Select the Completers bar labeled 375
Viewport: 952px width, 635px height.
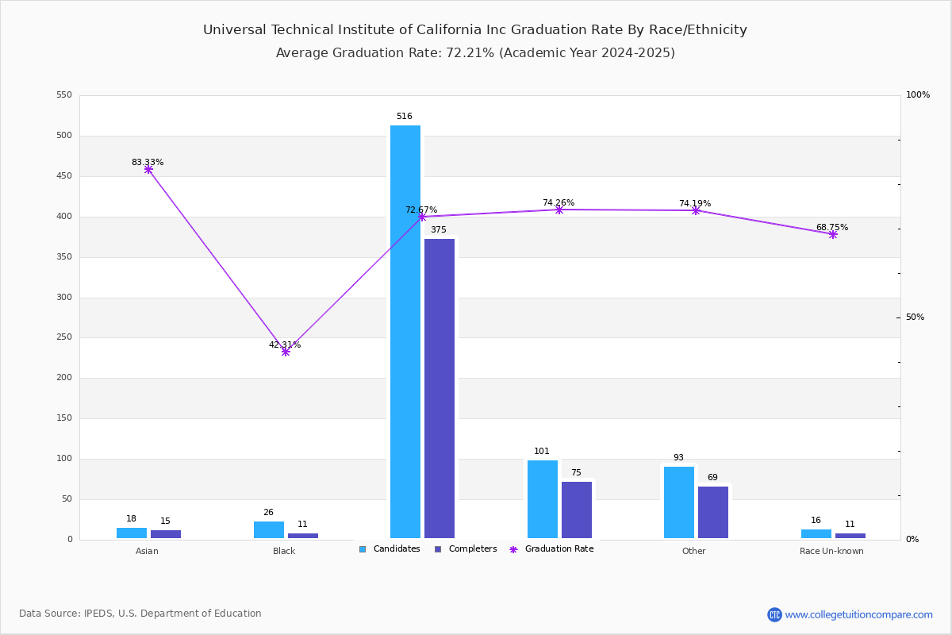click(x=440, y=388)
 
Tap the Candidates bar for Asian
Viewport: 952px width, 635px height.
click(x=132, y=533)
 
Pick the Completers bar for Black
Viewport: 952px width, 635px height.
click(x=303, y=536)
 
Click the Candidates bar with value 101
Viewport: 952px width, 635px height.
click(x=543, y=499)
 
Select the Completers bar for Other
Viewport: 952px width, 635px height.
click(x=713, y=513)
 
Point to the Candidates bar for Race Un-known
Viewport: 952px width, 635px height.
click(x=816, y=534)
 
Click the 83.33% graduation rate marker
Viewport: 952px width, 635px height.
click(x=148, y=169)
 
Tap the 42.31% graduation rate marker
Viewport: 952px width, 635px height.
click(x=286, y=352)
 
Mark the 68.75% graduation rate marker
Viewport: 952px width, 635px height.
click(x=833, y=234)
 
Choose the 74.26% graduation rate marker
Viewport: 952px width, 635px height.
click(x=559, y=210)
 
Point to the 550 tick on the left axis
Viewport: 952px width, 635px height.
click(x=64, y=95)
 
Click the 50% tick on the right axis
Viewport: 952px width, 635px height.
click(x=916, y=317)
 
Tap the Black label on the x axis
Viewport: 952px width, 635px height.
click(x=284, y=552)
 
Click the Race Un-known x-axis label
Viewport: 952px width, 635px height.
click(x=831, y=552)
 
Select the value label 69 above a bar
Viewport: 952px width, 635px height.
click(x=712, y=478)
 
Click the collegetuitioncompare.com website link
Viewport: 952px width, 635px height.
click(x=858, y=614)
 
